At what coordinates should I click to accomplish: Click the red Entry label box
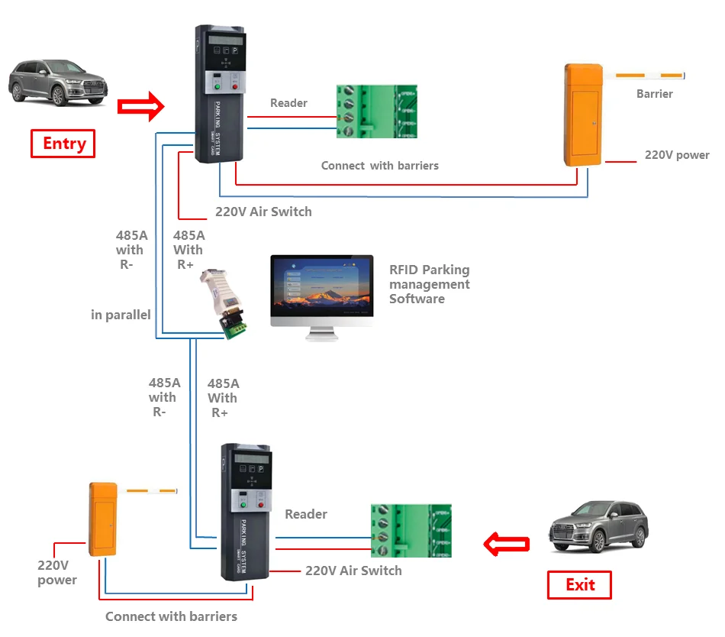pos(63,144)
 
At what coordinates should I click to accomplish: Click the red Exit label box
pos(579,585)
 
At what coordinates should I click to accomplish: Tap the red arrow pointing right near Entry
pos(141,106)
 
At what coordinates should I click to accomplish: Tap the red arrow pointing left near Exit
pos(507,545)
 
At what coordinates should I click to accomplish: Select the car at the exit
pos(598,526)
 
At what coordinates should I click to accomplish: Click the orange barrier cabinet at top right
pos(584,115)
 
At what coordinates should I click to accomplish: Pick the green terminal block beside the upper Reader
pos(377,112)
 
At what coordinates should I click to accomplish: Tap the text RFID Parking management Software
pos(429,284)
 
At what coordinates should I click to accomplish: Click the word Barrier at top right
pos(654,94)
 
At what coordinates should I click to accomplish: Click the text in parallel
pos(121,315)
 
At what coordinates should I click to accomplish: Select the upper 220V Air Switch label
pos(263,212)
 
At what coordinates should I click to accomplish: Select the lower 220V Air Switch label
pos(353,571)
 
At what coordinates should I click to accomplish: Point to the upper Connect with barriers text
pos(379,166)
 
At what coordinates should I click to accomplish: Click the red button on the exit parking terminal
pos(263,505)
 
